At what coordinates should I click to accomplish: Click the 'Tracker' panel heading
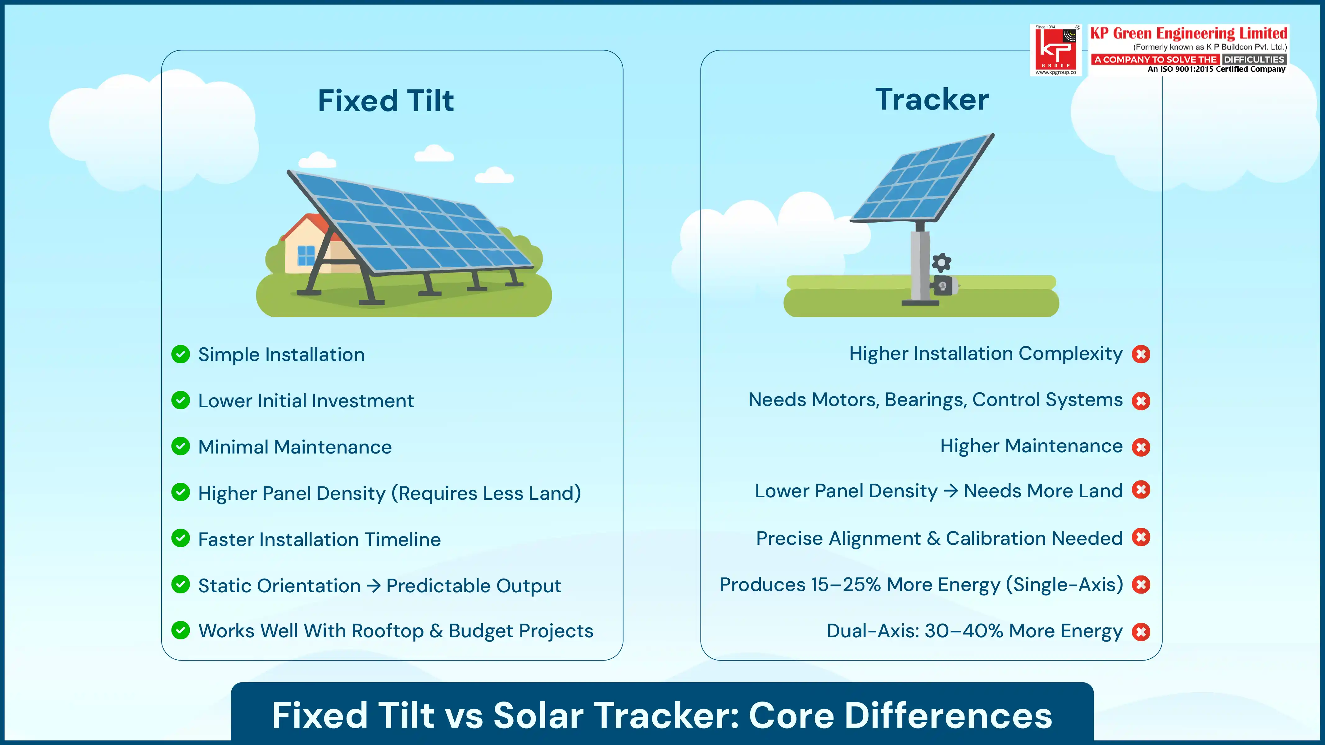coord(932,99)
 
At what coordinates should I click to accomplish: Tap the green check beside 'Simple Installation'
coord(180,354)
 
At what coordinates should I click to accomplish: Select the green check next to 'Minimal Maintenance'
coord(180,446)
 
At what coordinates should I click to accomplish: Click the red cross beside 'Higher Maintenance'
coord(1141,447)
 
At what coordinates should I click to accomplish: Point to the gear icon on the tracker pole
coord(941,262)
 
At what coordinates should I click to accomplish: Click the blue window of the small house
coord(306,255)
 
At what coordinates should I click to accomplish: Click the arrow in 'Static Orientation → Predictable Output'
coord(374,586)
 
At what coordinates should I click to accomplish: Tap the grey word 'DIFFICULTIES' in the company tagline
coord(1254,60)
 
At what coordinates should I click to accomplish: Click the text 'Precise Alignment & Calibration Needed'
coord(939,538)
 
